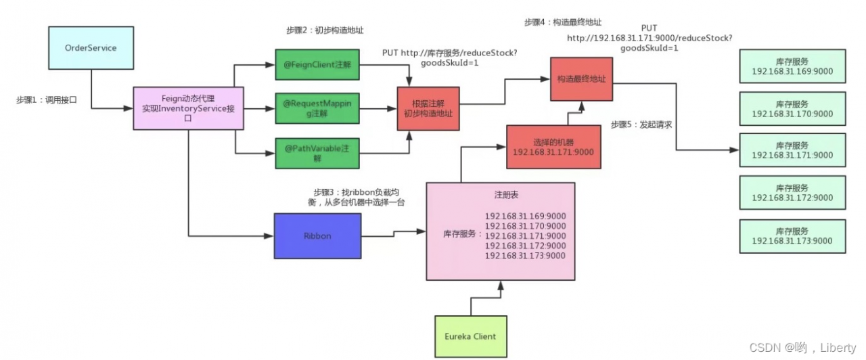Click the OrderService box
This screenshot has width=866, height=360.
[91, 49]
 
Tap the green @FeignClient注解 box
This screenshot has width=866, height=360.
[317, 66]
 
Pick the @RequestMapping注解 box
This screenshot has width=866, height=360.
[317, 109]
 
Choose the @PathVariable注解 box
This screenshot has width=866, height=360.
[317, 152]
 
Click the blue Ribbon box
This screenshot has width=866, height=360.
[317, 235]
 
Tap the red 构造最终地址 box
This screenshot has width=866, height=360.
[581, 78]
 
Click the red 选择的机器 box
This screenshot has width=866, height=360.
[553, 147]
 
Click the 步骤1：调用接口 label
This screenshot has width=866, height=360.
[47, 99]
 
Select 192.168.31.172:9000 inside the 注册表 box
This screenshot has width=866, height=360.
[525, 246]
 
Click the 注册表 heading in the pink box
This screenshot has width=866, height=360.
[500, 195]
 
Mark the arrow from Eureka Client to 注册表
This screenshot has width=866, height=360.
[501, 298]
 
